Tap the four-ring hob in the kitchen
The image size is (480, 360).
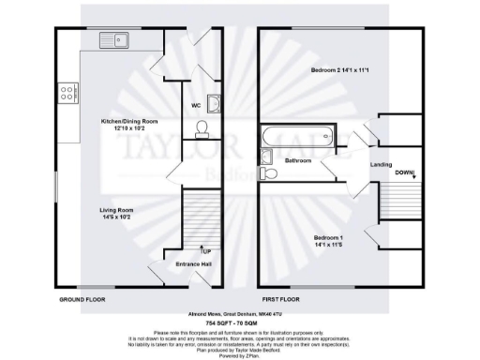coord(69,93)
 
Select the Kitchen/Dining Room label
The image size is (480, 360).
coord(130,125)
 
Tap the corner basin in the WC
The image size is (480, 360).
coord(215,104)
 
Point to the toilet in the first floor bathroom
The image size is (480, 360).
coord(269,172)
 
